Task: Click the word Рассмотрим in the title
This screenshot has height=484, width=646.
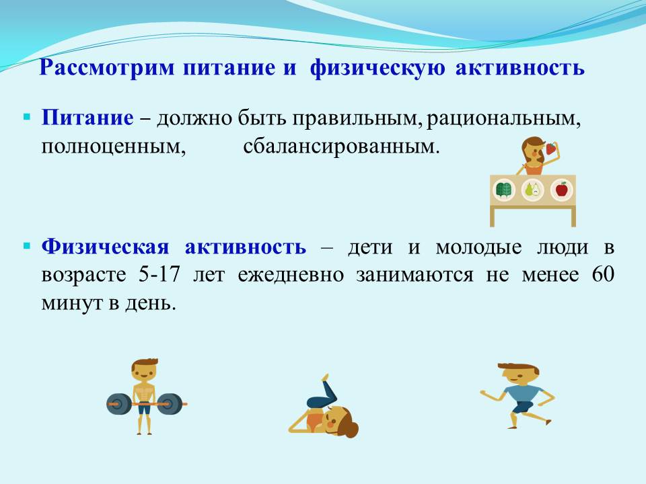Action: click(x=107, y=67)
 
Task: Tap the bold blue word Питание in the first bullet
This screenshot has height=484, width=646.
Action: click(x=87, y=118)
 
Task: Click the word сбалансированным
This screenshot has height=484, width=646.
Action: click(x=342, y=146)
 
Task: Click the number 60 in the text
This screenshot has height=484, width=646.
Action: click(x=603, y=274)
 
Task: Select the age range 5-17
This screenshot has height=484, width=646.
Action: click(x=159, y=274)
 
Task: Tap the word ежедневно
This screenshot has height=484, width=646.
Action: click(x=291, y=275)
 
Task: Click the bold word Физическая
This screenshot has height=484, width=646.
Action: click(x=106, y=247)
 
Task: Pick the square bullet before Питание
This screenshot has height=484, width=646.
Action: click(x=27, y=118)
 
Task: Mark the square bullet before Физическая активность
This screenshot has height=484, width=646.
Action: click(x=27, y=247)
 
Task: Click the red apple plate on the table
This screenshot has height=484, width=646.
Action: click(x=561, y=190)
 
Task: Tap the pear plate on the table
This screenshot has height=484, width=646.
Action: click(x=533, y=190)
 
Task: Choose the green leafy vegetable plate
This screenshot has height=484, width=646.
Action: click(x=504, y=190)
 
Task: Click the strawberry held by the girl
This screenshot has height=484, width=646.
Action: click(x=551, y=148)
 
